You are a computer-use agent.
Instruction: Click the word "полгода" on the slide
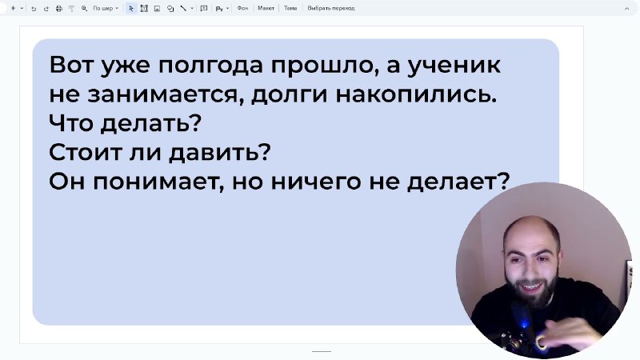210,66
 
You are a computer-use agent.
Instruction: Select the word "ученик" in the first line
454,66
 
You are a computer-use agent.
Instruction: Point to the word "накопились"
416,94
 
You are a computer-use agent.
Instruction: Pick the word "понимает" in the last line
158,182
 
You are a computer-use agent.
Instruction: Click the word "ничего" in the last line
316,182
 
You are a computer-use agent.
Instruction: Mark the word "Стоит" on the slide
85,153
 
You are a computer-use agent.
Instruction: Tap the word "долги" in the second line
289,94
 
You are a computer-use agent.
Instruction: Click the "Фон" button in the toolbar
242,8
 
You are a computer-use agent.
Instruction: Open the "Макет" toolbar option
266,8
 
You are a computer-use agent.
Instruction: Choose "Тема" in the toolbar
290,8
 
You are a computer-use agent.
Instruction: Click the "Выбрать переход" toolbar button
331,8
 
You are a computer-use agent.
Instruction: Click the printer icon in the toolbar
58,8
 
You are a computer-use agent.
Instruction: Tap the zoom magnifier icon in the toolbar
84,8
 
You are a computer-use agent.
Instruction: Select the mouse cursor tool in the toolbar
131,8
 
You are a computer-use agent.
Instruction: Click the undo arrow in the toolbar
34,8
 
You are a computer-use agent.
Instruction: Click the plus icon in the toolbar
13,8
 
